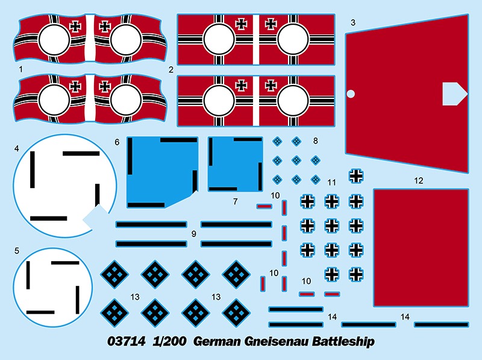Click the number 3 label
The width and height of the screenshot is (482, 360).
tap(353, 23)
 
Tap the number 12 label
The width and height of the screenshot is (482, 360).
tap(418, 181)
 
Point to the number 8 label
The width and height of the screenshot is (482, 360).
tap(315, 141)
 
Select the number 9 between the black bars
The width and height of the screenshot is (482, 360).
tap(193, 234)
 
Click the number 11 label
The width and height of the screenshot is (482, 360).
tap(331, 183)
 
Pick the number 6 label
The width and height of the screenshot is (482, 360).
tap(117, 142)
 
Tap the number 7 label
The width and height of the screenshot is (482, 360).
tap(235, 201)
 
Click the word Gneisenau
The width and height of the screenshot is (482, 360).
tap(277, 341)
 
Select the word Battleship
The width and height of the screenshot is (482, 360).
tap(343, 341)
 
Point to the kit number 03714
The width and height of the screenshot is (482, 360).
tap(127, 341)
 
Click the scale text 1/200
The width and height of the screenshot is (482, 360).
tap(169, 341)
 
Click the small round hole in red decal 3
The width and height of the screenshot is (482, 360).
tap(351, 93)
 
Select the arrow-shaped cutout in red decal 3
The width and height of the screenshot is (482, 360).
tap(454, 94)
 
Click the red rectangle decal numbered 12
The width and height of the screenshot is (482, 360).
tap(421, 248)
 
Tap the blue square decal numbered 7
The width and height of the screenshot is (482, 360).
tap(235, 164)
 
